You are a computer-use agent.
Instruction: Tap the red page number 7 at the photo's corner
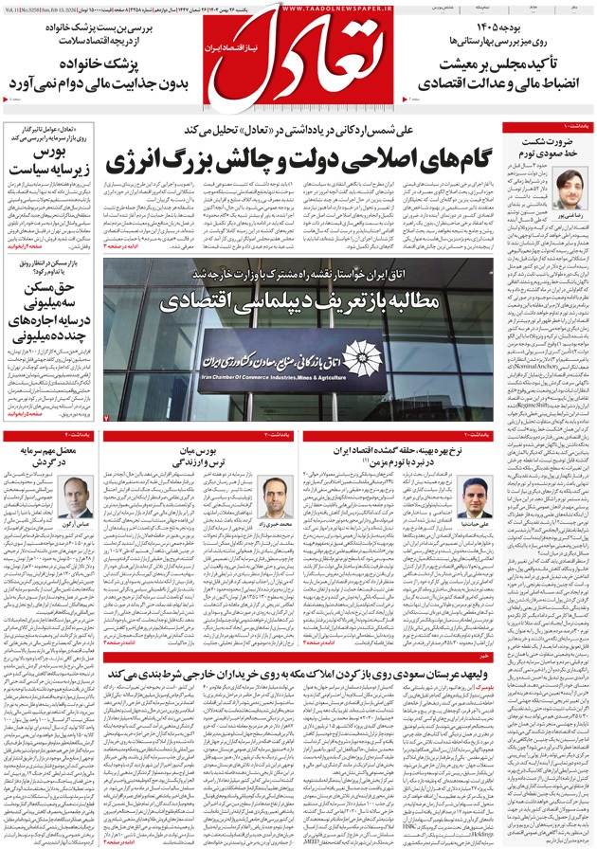coord(107,418)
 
